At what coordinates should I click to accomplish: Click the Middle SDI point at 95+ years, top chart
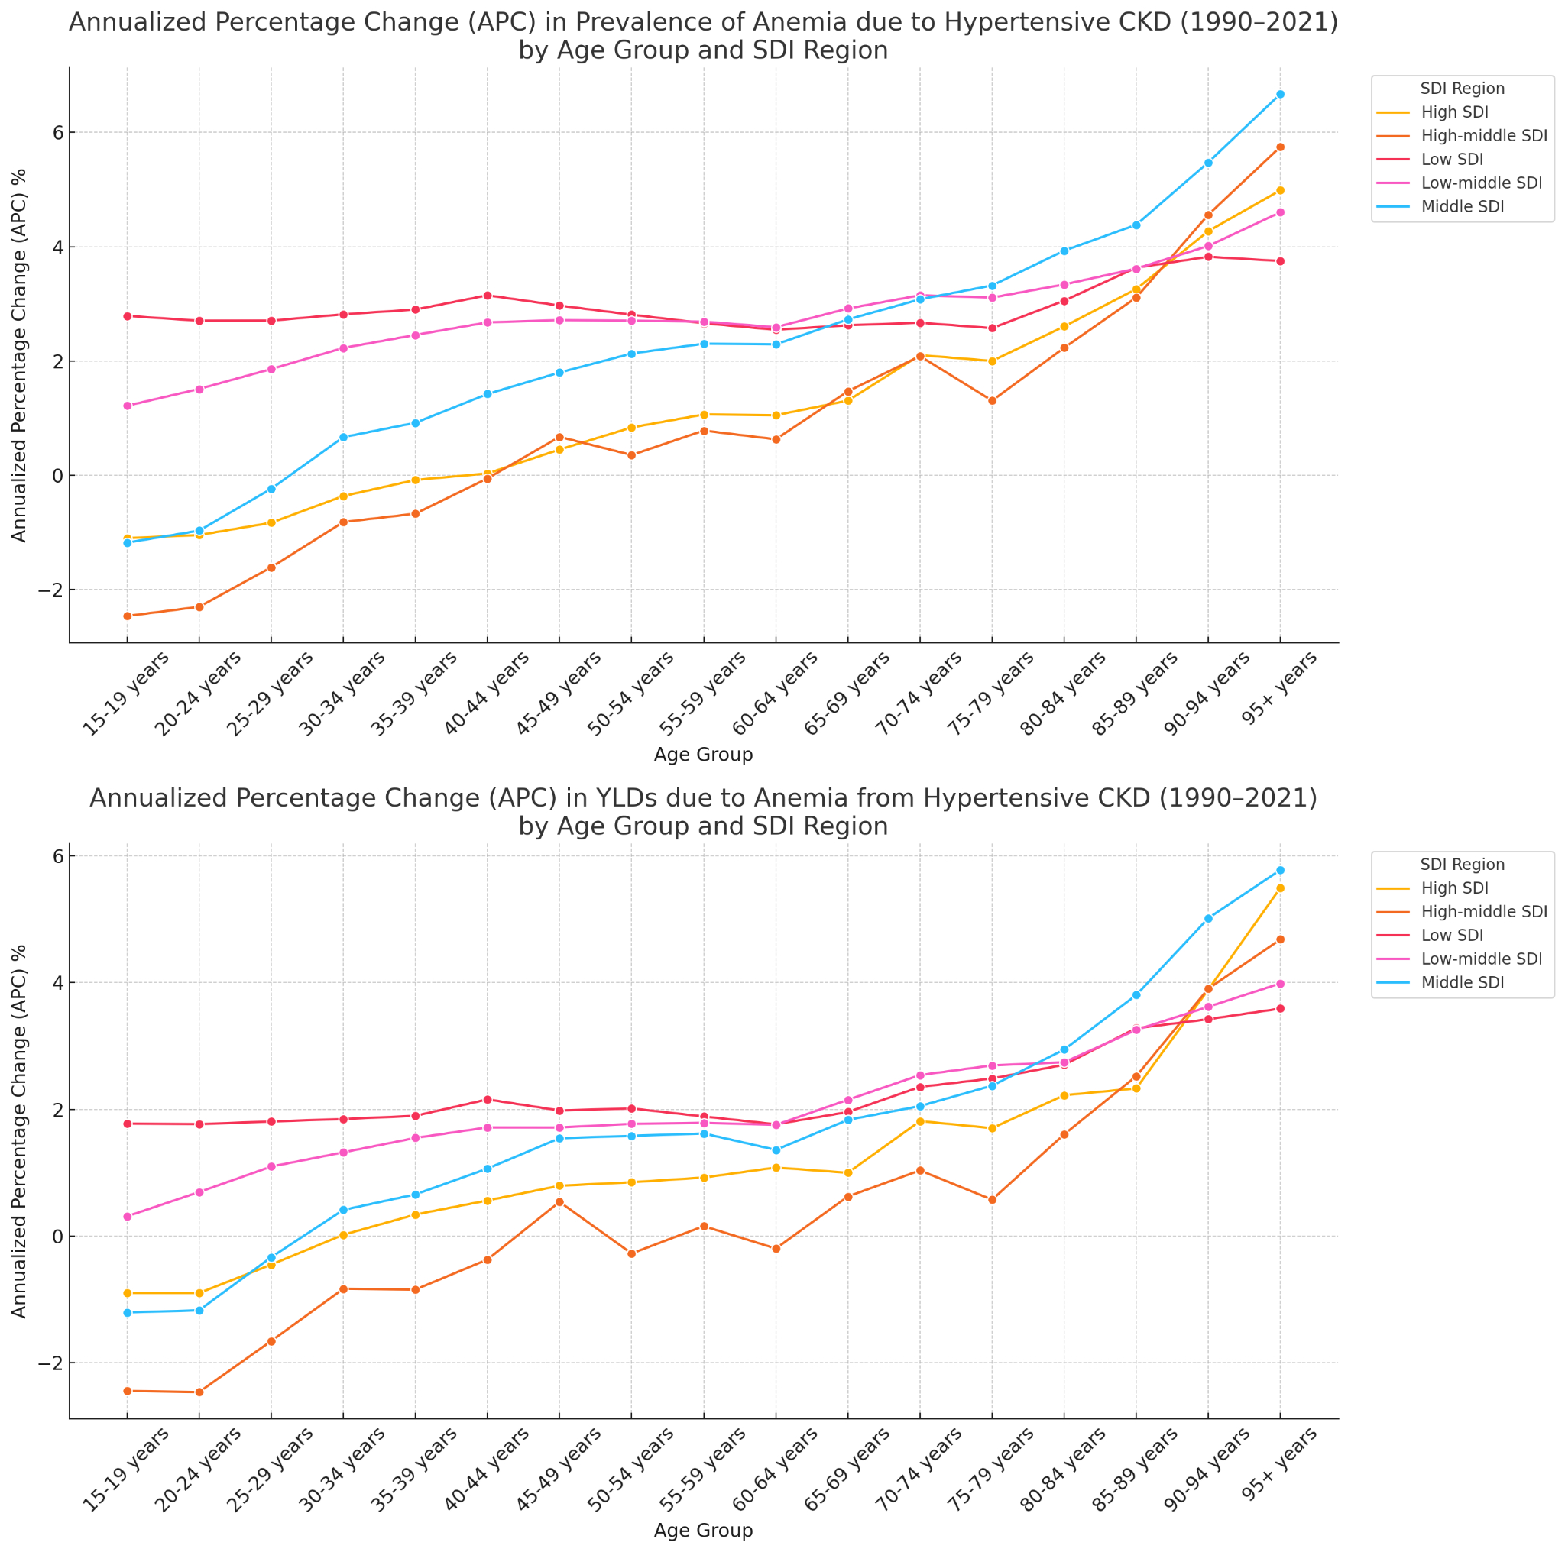coord(1280,95)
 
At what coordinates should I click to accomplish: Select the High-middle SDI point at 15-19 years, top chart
coord(127,616)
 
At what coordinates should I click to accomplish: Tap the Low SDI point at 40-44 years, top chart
coord(488,296)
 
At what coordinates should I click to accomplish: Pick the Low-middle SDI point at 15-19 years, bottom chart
coord(127,1217)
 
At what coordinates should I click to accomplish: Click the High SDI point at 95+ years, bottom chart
coord(1280,888)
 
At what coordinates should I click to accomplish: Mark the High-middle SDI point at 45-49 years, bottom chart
coord(559,1202)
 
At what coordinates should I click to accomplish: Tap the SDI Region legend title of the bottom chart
coord(1462,865)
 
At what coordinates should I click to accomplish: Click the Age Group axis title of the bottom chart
coord(703,1530)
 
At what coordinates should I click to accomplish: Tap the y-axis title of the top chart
coord(19,355)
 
